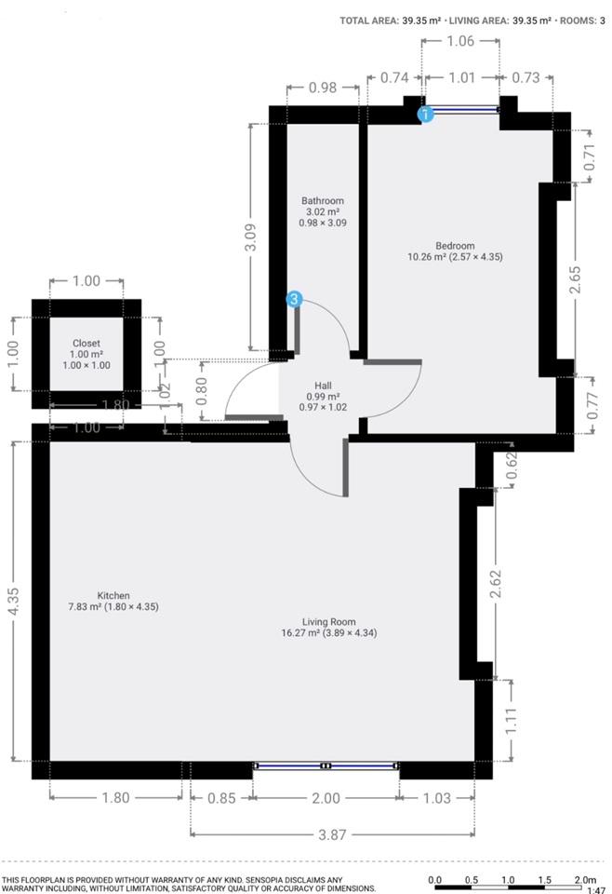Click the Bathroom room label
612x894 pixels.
tap(323, 201)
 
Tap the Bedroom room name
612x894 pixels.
tap(455, 246)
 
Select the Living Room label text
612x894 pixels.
tap(329, 622)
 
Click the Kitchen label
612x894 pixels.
tap(113, 596)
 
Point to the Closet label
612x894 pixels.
tap(86, 344)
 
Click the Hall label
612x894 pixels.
tap(323, 386)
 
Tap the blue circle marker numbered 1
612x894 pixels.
tap(425, 114)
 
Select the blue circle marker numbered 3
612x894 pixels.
tap(294, 299)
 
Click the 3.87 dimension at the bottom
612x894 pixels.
tap(332, 834)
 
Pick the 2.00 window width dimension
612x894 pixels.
tap(326, 798)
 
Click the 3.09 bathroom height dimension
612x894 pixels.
tap(250, 237)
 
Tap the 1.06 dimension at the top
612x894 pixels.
tap(460, 41)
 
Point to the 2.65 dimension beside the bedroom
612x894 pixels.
tap(576, 279)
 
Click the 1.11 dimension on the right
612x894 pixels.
tap(511, 720)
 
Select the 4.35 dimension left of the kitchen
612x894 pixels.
tap(14, 601)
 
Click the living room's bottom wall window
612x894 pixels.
tap(326, 765)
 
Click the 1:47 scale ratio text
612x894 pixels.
tap(595, 890)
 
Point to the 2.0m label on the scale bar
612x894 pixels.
tap(585, 880)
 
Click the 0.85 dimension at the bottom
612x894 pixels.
tap(221, 798)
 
